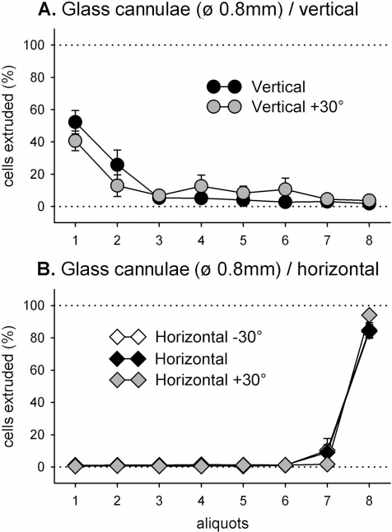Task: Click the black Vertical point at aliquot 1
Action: tap(75, 122)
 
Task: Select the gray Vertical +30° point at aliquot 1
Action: tap(75, 141)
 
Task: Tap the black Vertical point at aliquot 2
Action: tap(117, 165)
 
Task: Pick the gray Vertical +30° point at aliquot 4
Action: tap(201, 186)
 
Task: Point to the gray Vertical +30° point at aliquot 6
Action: tap(285, 189)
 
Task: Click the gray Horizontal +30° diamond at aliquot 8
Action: tap(369, 315)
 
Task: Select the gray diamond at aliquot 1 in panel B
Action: tap(75, 466)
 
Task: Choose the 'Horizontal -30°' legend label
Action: tap(208, 338)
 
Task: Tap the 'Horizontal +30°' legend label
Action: tap(210, 380)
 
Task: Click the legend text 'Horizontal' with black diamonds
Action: tap(191, 358)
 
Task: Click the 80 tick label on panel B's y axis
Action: tap(36, 338)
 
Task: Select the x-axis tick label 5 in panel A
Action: tap(243, 240)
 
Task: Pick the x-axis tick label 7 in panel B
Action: tap(327, 501)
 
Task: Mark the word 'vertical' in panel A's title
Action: tap(329, 9)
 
